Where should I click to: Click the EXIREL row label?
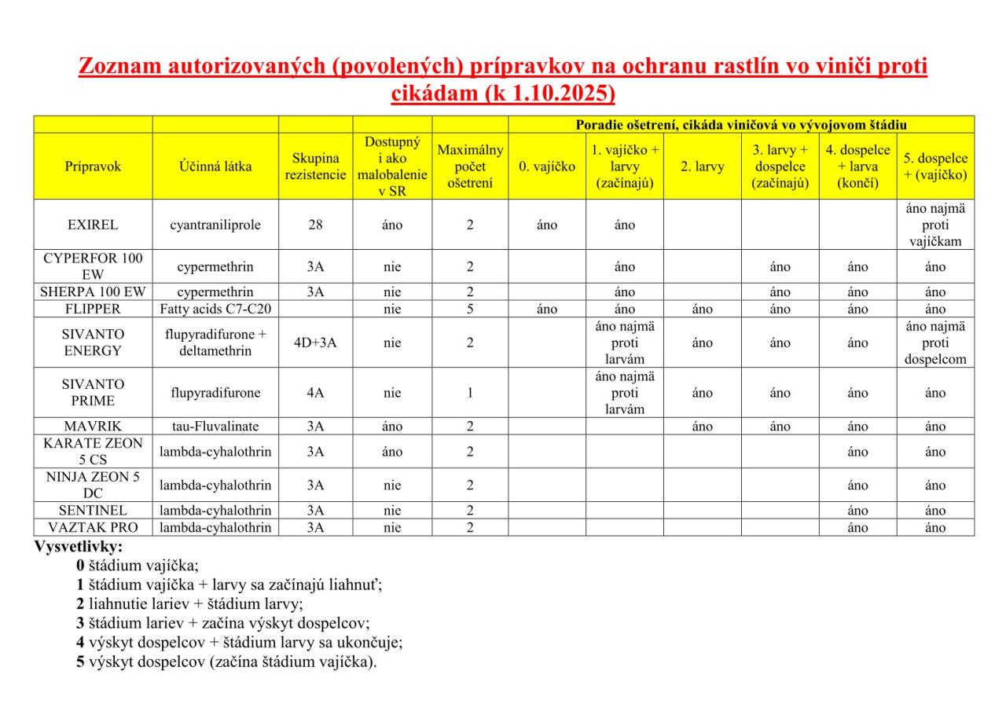click(x=93, y=225)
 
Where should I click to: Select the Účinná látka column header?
click(x=215, y=167)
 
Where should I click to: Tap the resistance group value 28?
click(x=315, y=225)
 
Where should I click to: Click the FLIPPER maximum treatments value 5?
click(x=470, y=309)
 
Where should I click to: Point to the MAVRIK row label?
click(x=93, y=427)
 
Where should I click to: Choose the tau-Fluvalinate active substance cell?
click(x=215, y=427)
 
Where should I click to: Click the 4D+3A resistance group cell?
click(x=315, y=343)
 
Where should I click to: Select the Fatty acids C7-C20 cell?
click(x=215, y=309)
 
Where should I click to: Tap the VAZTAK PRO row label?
click(x=93, y=527)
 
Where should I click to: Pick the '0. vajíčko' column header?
click(x=547, y=167)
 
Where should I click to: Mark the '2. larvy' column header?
click(x=703, y=167)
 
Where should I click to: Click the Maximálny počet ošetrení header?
click(x=470, y=167)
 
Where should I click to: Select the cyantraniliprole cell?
click(x=215, y=225)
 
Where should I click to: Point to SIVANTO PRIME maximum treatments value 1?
click(x=470, y=393)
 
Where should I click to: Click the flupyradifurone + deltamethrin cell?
click(x=215, y=343)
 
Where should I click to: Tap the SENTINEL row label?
click(x=93, y=511)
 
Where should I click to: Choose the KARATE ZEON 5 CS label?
click(x=93, y=452)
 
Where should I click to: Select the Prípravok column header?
click(x=93, y=167)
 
